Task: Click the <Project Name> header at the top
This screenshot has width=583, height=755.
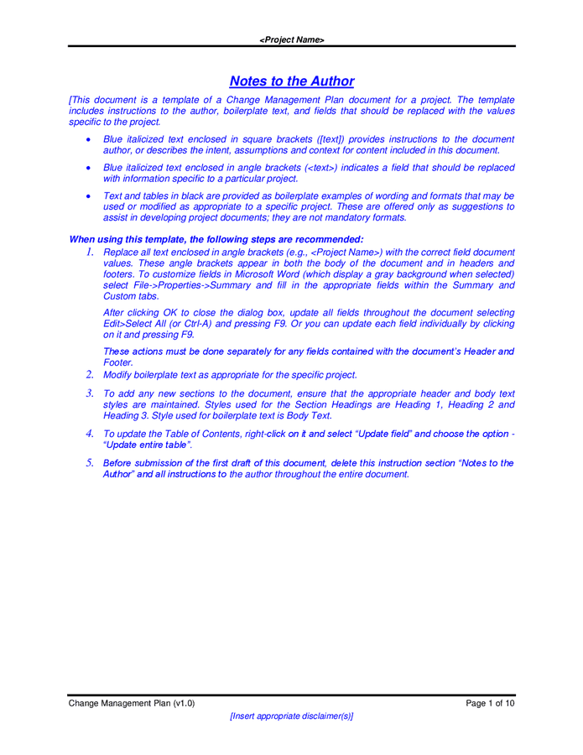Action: [x=291, y=39]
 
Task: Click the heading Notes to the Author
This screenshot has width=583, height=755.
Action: [x=291, y=81]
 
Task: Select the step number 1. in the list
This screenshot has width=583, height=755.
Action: [x=89, y=252]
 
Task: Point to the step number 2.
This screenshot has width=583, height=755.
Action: [x=89, y=374]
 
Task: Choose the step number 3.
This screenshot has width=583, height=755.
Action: [x=89, y=393]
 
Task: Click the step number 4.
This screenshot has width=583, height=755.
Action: [x=89, y=433]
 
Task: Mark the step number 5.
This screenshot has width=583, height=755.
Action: [x=89, y=462]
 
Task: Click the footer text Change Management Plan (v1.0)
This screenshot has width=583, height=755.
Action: [x=132, y=703]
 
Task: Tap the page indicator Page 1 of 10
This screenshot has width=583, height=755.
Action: [x=490, y=703]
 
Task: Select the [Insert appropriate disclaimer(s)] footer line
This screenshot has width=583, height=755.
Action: [x=291, y=716]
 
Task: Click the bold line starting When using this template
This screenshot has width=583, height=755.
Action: [x=216, y=239]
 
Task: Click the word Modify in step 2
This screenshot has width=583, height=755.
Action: [x=118, y=375]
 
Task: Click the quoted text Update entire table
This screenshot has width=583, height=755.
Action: [x=148, y=445]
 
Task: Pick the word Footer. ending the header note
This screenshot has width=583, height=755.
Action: [x=117, y=362]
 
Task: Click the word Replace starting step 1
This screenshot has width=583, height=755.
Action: [x=121, y=252]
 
